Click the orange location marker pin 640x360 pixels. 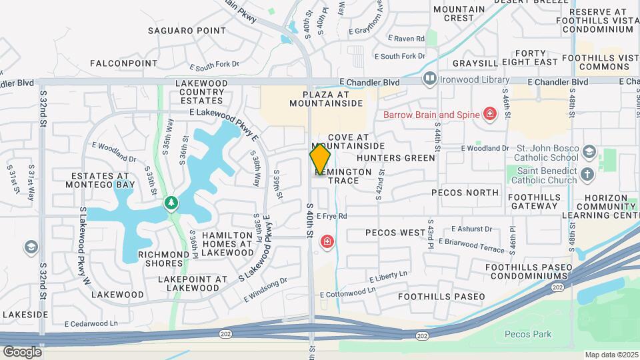click(321, 159)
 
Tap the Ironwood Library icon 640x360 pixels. click(430, 79)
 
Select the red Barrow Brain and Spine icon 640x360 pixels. click(490, 114)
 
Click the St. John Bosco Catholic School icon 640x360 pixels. click(589, 152)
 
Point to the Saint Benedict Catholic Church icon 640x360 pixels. click(587, 175)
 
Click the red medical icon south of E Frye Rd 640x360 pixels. click(327, 241)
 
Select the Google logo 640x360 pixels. click(22, 351)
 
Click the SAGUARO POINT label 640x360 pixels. click(178, 31)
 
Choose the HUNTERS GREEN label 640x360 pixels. click(395, 158)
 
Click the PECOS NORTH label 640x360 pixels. click(465, 193)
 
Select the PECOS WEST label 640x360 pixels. click(395, 233)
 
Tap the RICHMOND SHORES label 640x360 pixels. click(164, 259)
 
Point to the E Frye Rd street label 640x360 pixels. click(332, 216)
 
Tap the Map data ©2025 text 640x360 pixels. click(611, 355)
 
